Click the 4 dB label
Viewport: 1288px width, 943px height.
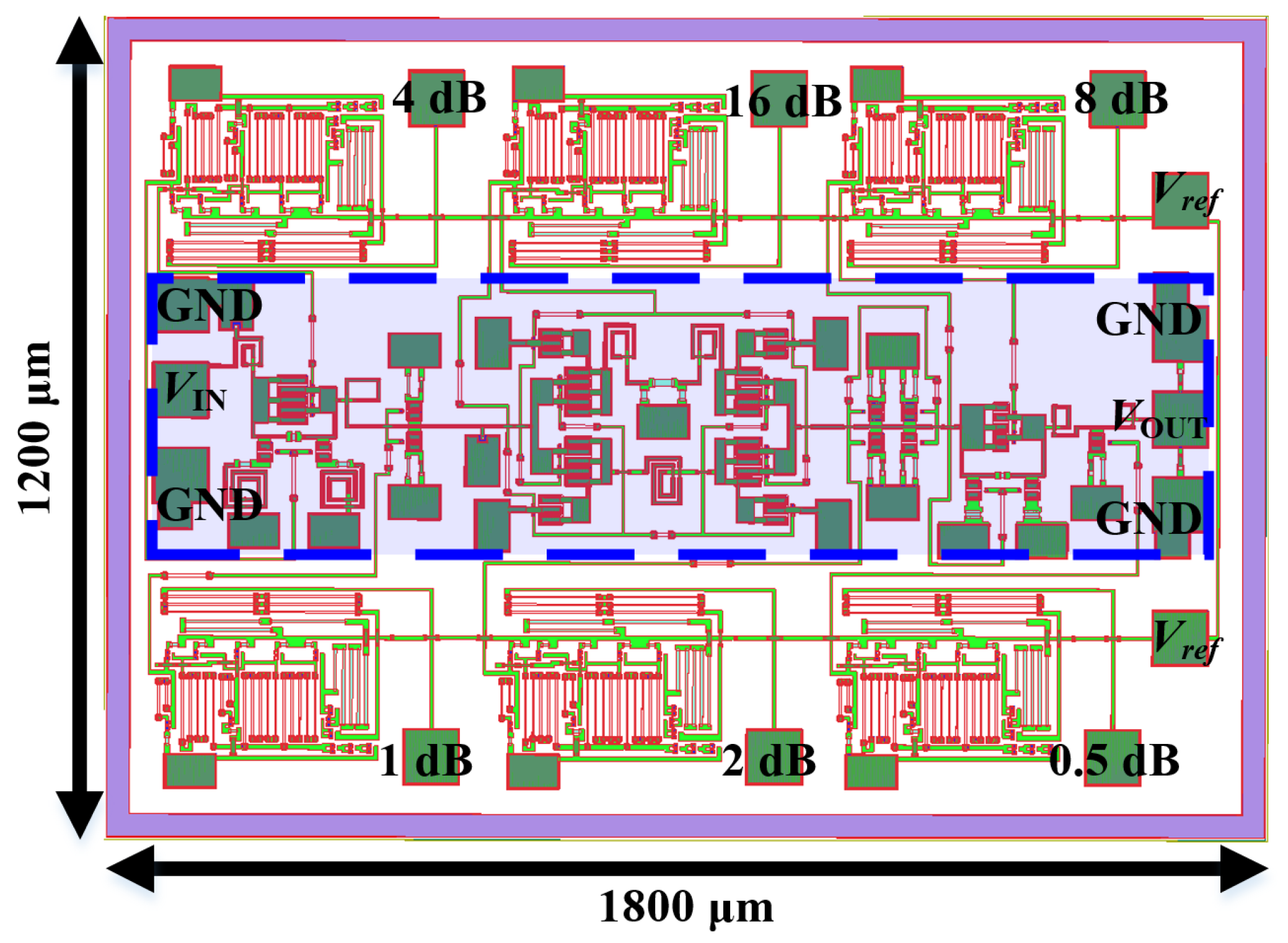(439, 97)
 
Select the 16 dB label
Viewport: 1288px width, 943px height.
(783, 101)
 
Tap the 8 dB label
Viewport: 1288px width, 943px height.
(1121, 98)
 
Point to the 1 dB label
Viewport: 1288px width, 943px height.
(426, 760)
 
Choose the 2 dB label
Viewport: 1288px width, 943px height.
(769, 760)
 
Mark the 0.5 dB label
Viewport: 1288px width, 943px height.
(1114, 760)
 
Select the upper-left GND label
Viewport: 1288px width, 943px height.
(210, 306)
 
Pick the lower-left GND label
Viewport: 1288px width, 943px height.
(210, 505)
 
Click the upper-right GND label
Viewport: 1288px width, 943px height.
(1149, 320)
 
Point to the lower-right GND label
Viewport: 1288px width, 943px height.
(1149, 518)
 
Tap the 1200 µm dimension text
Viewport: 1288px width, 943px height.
(35, 428)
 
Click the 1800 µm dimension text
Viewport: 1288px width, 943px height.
(686, 908)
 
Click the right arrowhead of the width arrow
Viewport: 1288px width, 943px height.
(1243, 868)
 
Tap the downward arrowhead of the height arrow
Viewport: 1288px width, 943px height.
(79, 813)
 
